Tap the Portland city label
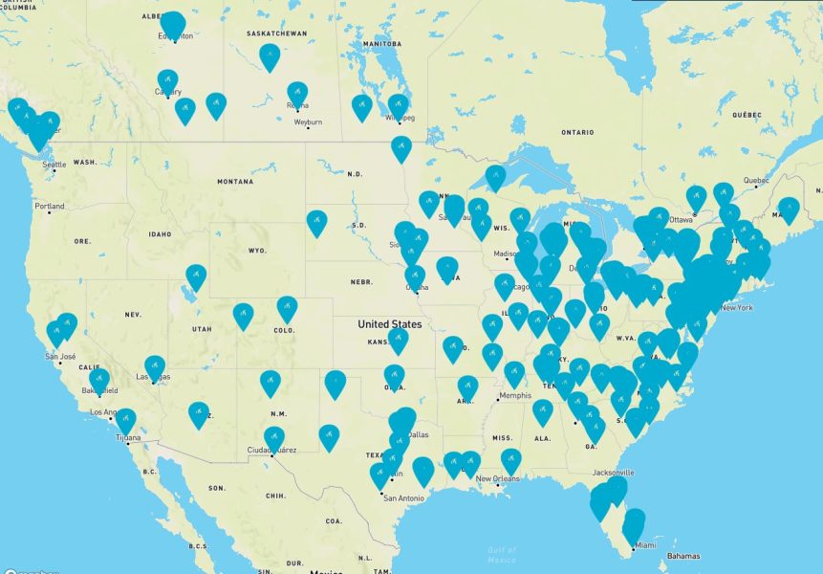[50, 206]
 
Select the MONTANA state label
[234, 181]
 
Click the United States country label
[389, 324]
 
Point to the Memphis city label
[517, 396]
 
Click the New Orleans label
[497, 478]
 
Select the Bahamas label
[682, 556]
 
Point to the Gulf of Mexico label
[501, 554]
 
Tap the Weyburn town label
[308, 122]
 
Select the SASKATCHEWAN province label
[276, 33]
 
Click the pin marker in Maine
[789, 209]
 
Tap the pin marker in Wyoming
[316, 222]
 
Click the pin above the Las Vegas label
[155, 366]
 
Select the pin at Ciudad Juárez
[274, 438]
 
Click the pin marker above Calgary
[167, 80]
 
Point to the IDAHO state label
[160, 234]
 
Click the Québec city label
[756, 179]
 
